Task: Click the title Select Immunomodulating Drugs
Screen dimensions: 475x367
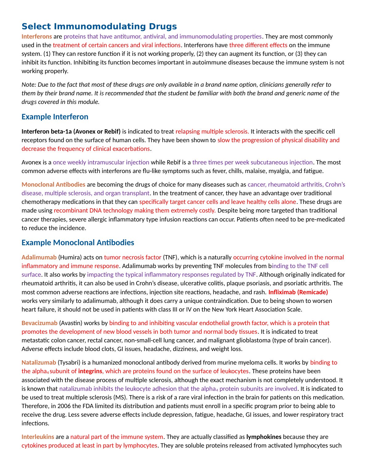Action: pyautogui.click(x=99, y=27)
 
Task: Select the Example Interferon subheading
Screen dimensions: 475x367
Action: pyautogui.click(x=55, y=117)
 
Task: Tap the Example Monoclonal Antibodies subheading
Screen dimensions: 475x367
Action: pyautogui.click(x=78, y=243)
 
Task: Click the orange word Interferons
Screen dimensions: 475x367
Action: pyautogui.click(x=37, y=37)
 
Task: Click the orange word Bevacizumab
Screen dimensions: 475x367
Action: pyautogui.click(x=39, y=323)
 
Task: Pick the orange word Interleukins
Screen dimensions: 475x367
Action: pyautogui.click(x=38, y=437)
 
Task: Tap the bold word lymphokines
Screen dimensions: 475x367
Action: pyautogui.click(x=264, y=437)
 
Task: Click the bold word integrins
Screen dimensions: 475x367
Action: pyautogui.click(x=90, y=371)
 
